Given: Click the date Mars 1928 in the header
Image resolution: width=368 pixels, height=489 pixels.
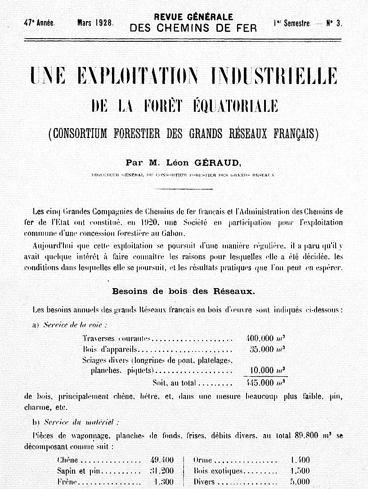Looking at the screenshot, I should (x=95, y=22).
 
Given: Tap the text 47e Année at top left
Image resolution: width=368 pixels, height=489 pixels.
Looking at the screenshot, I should (x=40, y=22).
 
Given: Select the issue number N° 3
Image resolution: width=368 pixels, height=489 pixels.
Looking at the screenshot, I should (x=334, y=23).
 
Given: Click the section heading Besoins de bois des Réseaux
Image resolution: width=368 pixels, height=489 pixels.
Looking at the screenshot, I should (x=184, y=291).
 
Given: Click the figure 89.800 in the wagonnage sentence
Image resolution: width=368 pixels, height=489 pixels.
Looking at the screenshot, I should (x=307, y=436).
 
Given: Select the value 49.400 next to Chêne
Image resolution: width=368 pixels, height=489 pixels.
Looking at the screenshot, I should (x=162, y=460).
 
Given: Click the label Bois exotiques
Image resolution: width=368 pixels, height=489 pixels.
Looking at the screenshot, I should (x=218, y=471).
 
